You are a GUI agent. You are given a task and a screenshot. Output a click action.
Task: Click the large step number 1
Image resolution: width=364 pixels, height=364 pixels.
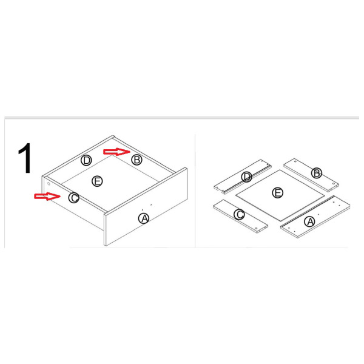point(25,158)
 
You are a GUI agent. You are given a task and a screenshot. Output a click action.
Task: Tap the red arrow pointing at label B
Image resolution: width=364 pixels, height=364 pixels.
point(116,152)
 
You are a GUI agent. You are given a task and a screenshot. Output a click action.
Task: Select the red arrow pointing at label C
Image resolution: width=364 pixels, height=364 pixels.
point(47,196)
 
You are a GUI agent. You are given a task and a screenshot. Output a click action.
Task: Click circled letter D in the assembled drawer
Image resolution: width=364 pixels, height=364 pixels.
point(86,160)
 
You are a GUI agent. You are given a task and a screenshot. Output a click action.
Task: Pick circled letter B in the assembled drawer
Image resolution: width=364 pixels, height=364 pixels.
point(136,160)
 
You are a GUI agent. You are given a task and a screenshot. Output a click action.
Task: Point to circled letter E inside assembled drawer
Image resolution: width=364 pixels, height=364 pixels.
point(97,181)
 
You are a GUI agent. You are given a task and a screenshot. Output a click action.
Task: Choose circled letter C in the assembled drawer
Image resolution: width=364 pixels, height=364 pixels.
point(74,198)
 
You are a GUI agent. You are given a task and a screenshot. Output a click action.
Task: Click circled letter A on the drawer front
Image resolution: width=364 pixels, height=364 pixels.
point(144,218)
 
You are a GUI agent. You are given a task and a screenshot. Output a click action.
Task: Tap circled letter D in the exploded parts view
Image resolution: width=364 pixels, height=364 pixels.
point(246,177)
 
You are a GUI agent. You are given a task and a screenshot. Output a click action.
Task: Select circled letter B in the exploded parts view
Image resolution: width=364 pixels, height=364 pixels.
point(317,173)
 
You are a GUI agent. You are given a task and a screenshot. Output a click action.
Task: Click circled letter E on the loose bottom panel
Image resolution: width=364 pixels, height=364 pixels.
point(277,193)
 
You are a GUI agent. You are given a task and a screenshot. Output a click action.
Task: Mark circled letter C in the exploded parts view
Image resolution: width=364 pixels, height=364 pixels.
point(239,214)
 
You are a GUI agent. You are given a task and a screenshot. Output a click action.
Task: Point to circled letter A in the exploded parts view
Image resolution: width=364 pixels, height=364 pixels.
point(310,221)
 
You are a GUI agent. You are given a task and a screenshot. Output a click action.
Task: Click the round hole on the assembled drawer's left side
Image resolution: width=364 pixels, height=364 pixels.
point(49,184)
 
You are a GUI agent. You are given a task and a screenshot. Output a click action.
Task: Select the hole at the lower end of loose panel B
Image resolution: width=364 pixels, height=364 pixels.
point(334,183)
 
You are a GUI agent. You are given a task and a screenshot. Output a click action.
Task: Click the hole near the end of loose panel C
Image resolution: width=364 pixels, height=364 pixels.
point(256,229)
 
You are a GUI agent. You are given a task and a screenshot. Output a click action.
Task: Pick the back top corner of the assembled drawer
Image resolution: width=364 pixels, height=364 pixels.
point(113,136)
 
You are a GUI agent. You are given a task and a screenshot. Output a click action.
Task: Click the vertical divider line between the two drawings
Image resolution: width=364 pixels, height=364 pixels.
point(195,191)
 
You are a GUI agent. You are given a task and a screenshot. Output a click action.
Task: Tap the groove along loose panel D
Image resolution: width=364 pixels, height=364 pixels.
point(247,178)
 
